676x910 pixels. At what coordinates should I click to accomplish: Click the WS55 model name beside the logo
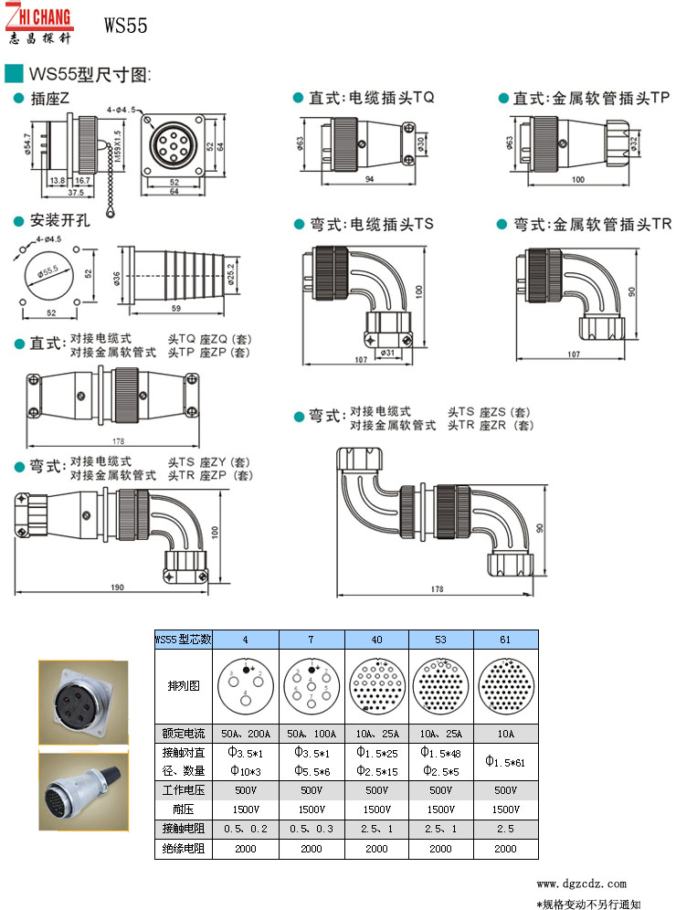125,26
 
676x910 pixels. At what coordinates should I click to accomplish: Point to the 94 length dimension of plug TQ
369,180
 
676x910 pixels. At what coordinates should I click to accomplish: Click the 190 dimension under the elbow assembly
118,587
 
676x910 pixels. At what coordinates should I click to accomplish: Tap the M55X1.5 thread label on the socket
118,143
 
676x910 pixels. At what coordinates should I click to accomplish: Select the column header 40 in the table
376,639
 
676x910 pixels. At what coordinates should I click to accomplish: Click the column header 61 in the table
505,639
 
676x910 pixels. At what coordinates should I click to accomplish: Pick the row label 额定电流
183,734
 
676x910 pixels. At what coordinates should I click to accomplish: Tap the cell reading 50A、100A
311,734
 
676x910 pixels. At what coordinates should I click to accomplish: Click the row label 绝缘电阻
183,849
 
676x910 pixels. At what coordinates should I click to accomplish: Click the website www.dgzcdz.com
581,884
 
